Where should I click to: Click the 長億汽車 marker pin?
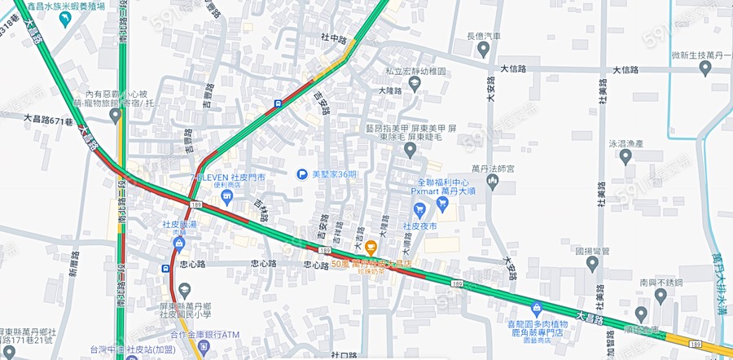tap(483, 49)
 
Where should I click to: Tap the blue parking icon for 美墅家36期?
tap(302, 174)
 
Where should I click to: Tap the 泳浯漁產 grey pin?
tap(625, 156)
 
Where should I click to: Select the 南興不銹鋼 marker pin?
tap(642, 313)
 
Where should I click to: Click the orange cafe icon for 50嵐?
tap(371, 247)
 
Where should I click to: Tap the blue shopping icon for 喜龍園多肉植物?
tap(536, 308)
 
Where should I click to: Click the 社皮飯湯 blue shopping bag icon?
tap(178, 242)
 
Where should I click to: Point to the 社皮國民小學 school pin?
tap(185, 291)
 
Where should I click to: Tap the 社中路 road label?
tap(334, 38)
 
